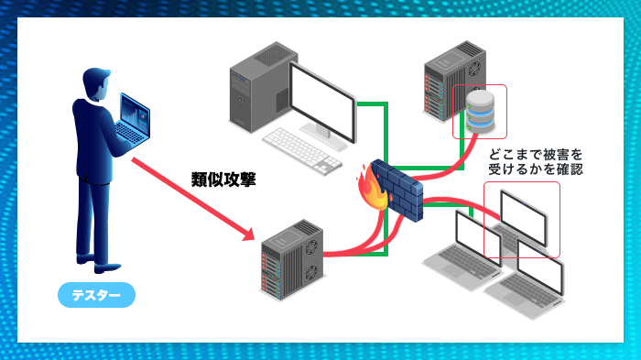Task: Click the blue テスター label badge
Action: tap(96, 296)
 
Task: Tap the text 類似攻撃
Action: tap(223, 179)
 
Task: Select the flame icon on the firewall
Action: tap(371, 189)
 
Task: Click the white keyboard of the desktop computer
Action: tap(302, 150)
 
